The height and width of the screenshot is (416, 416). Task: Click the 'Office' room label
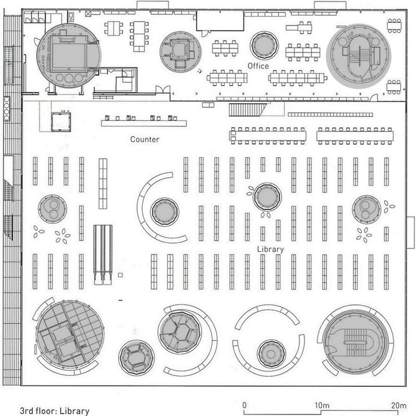(x=258, y=66)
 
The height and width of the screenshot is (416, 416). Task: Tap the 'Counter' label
(x=145, y=139)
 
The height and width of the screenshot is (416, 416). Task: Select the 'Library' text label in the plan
(x=270, y=249)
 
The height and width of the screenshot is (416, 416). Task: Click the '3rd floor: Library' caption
(x=55, y=411)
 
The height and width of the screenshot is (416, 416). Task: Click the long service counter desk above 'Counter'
(x=144, y=123)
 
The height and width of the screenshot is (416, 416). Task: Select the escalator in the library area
(x=103, y=255)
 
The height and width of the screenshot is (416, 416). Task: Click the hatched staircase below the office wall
(x=247, y=110)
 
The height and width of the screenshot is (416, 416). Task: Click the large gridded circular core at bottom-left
(x=70, y=337)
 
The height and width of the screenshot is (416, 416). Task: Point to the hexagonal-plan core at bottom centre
(x=180, y=332)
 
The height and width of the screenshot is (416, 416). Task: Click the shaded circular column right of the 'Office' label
(x=264, y=46)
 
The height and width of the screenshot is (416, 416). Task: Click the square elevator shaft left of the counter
(x=61, y=122)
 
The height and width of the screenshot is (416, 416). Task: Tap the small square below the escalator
(x=120, y=275)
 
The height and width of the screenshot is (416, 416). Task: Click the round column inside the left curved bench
(x=165, y=212)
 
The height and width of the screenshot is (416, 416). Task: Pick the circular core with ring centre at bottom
(x=271, y=354)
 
